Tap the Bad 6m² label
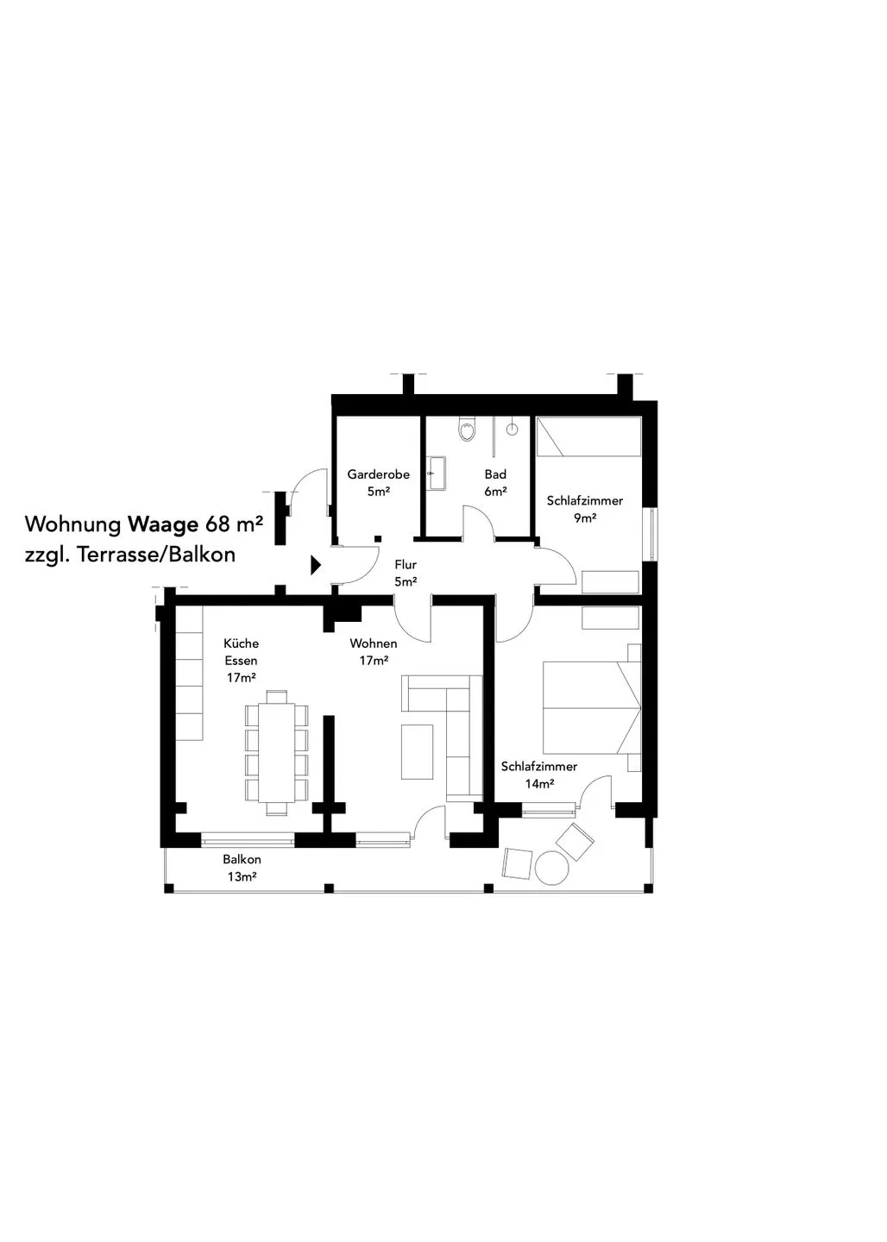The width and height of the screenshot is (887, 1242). point(494,482)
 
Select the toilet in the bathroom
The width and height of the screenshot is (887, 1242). point(467,430)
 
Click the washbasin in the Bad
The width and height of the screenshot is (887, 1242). point(437,473)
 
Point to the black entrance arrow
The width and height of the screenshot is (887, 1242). point(316,565)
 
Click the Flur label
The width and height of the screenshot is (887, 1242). point(406,564)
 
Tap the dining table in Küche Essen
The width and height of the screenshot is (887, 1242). point(277,752)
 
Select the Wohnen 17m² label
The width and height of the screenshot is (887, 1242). point(374,651)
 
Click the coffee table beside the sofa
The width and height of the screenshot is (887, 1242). point(417,751)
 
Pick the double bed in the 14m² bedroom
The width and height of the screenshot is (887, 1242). point(592,707)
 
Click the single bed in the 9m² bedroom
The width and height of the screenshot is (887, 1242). point(588,437)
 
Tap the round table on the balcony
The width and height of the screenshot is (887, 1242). point(550,867)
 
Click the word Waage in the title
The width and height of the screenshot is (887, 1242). point(163,524)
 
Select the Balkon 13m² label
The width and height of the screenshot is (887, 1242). point(242,868)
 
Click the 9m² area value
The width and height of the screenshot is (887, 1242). point(585,517)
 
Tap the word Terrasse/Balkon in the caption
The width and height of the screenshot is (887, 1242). point(156,555)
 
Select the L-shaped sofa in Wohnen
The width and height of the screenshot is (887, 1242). point(442,737)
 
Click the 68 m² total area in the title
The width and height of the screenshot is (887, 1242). point(234,524)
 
